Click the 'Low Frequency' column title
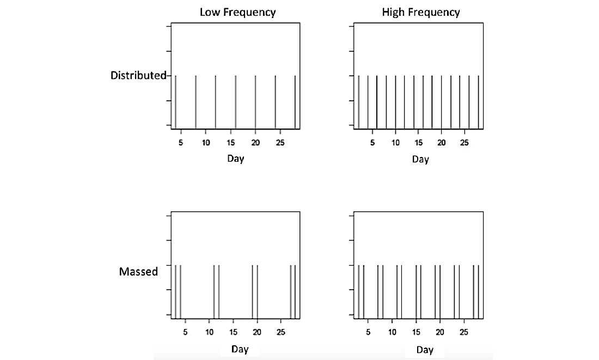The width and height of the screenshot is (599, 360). point(237,12)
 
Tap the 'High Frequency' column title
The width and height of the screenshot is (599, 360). point(421,12)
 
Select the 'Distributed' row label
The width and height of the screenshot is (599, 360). point(138,76)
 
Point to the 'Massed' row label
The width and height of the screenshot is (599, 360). point(138,271)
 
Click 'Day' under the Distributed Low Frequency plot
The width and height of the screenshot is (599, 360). point(236,159)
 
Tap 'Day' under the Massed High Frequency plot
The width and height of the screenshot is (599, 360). point(425,350)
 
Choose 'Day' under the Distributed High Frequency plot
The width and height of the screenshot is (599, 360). point(420,159)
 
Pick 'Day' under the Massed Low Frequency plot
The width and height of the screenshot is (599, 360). point(240,350)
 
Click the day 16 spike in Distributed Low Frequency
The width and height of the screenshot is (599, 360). point(235,102)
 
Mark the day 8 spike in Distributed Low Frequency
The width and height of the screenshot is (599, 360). point(195,102)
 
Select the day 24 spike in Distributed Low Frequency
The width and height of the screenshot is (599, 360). point(275,102)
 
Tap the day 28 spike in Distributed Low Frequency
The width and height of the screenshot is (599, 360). point(295,102)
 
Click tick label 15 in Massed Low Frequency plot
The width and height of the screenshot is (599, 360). point(233,332)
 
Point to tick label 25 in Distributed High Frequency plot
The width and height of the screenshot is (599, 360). point(464,143)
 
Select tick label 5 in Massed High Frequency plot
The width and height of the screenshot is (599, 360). point(368,332)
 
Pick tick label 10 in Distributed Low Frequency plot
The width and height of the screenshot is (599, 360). point(206,143)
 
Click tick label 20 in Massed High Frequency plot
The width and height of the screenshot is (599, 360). point(440,332)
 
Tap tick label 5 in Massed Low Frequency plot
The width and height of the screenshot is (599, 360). point(185,332)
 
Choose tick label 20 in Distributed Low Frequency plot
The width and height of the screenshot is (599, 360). point(255,143)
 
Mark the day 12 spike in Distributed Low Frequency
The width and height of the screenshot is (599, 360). point(216,102)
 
